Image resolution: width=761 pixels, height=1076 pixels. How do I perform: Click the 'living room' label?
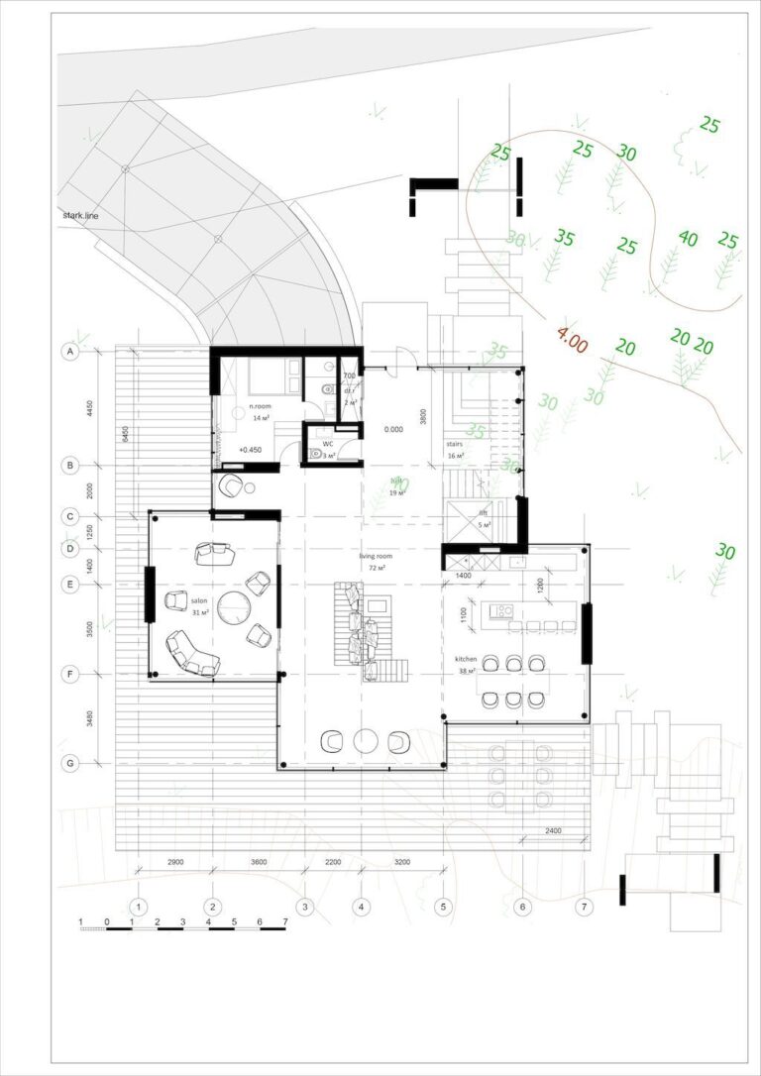click(x=375, y=557)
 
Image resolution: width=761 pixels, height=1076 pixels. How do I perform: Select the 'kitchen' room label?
click(x=466, y=659)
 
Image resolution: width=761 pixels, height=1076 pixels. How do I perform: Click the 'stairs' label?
click(x=455, y=445)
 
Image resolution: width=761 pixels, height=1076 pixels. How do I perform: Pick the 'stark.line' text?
click(x=78, y=214)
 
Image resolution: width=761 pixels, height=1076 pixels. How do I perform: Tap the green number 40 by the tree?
click(x=688, y=239)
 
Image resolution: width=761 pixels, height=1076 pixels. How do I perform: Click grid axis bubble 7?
click(x=585, y=907)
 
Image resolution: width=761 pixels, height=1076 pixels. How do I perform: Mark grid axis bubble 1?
click(x=139, y=907)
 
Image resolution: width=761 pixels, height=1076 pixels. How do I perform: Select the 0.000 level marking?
click(x=393, y=430)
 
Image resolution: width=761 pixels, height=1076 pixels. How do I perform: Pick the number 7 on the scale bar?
click(x=284, y=922)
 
